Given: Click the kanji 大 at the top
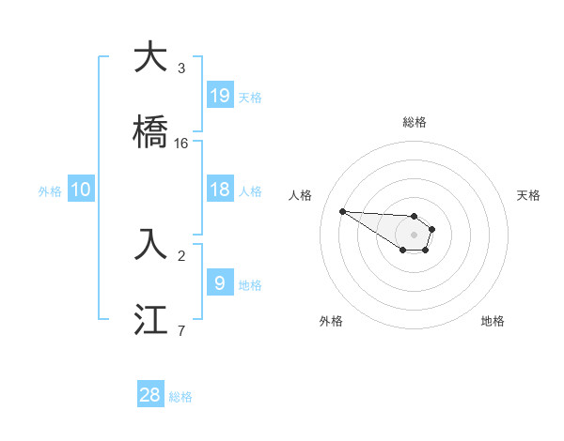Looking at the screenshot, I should pyautogui.click(x=151, y=58).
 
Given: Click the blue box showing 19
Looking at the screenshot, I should pyautogui.click(x=219, y=95).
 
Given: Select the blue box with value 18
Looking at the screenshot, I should pyautogui.click(x=219, y=190).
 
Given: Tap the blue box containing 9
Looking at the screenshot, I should pyautogui.click(x=219, y=281).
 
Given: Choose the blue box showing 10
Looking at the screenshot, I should pyautogui.click(x=80, y=190).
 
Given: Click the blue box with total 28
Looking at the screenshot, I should pyautogui.click(x=150, y=395).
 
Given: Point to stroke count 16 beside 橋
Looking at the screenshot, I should pyautogui.click(x=181, y=144).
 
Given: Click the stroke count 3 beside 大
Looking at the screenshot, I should pyautogui.click(x=181, y=68).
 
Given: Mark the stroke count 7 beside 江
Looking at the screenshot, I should pyautogui.click(x=181, y=330).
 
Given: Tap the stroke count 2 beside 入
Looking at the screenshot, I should pyautogui.click(x=181, y=255).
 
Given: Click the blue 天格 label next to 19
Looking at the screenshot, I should pyautogui.click(x=250, y=97).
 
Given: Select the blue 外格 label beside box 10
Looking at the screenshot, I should pyautogui.click(x=50, y=191).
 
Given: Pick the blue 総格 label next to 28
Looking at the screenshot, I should pyautogui.click(x=180, y=397).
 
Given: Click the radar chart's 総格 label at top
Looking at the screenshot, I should pyautogui.click(x=415, y=122).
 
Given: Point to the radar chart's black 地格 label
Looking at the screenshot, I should pyautogui.click(x=493, y=321).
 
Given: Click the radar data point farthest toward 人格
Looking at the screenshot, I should pyautogui.click(x=342, y=211).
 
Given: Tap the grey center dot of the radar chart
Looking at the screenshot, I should pyautogui.click(x=414, y=234).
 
